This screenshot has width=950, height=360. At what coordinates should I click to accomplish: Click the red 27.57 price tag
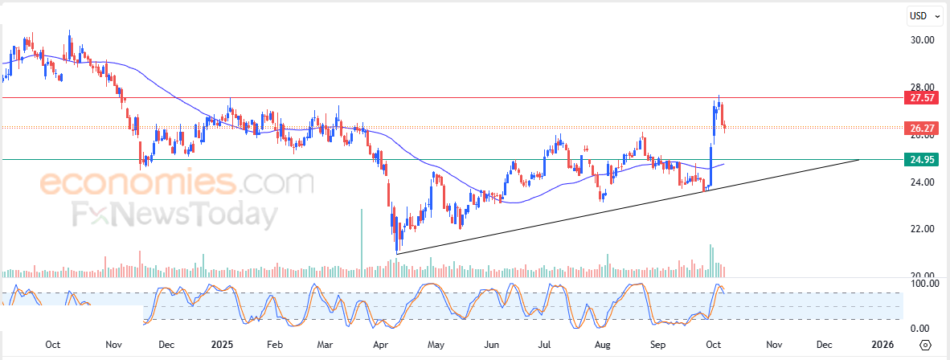coord(921,98)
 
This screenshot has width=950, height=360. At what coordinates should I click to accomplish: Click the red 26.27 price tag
coord(921,128)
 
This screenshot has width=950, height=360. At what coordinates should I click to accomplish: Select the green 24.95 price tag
coord(921,159)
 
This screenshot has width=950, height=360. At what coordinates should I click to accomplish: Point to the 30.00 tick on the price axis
coord(921,40)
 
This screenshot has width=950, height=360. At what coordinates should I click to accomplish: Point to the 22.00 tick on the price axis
coord(921,230)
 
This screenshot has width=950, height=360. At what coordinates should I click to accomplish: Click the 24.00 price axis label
coord(921,182)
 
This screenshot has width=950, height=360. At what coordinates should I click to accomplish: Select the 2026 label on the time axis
coord(882,345)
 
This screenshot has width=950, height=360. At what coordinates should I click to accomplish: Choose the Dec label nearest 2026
coord(824,345)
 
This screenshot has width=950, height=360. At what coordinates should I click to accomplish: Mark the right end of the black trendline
coord(859,160)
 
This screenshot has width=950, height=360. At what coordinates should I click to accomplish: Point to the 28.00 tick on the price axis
coord(921,87)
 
